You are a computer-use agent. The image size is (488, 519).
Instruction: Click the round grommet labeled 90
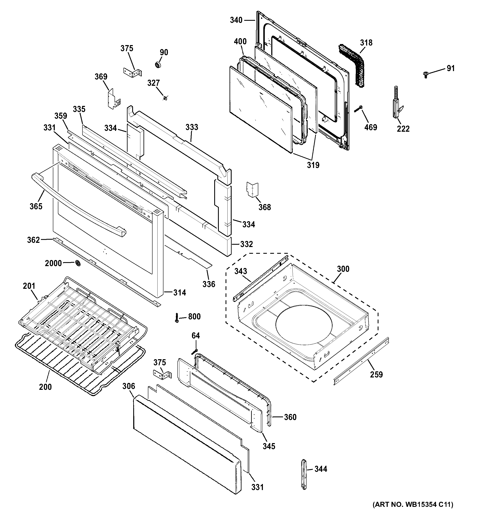[x=158, y=65]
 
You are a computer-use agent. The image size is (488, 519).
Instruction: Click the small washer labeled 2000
[x=78, y=263]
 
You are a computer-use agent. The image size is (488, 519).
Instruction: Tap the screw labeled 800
[x=177, y=317]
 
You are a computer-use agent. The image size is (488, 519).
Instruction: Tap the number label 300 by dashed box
[x=343, y=269]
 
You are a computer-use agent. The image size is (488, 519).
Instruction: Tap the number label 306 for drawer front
[x=129, y=386]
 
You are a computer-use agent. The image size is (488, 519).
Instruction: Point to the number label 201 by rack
[x=29, y=286]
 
